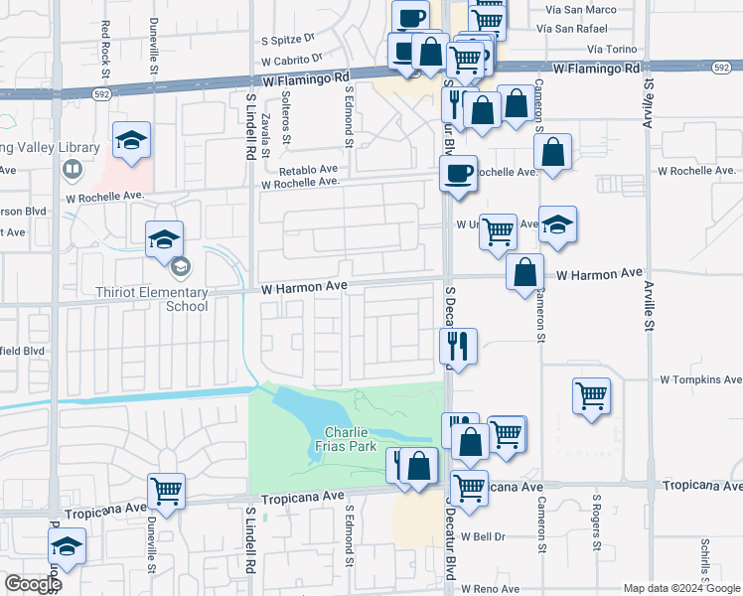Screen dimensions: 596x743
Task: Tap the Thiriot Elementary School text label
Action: tap(159, 299)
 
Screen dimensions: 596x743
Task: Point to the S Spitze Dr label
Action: tap(287, 41)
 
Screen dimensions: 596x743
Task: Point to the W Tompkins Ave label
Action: tap(701, 380)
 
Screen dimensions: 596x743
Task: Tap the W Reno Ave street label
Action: tap(490, 589)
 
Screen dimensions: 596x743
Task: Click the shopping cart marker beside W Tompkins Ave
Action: tap(592, 395)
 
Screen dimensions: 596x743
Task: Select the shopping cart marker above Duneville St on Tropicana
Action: tap(166, 490)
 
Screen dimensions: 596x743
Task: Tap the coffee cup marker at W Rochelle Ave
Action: tap(458, 173)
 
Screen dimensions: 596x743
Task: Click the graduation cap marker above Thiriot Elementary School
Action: tap(164, 238)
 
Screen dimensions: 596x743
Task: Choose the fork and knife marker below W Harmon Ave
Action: tap(458, 345)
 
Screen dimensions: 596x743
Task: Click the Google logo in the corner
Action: tap(33, 585)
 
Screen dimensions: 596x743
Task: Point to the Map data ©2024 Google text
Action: tap(680, 588)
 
